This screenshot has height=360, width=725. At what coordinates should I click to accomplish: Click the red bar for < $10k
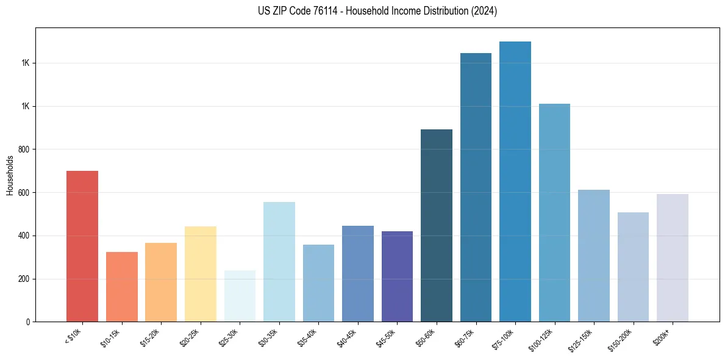pyautogui.click(x=82, y=246)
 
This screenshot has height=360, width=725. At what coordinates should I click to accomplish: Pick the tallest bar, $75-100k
pyautogui.click(x=515, y=181)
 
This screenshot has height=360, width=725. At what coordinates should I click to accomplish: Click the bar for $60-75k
pyautogui.click(x=476, y=187)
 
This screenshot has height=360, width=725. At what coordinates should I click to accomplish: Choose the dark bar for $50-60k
pyautogui.click(x=437, y=225)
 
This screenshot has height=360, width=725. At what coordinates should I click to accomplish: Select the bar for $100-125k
pyautogui.click(x=554, y=212)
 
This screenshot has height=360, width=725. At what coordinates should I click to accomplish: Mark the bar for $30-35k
pyautogui.click(x=279, y=262)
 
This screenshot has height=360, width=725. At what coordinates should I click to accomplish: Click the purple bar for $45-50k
pyautogui.click(x=397, y=276)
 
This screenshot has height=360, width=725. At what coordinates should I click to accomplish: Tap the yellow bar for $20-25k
pyautogui.click(x=200, y=274)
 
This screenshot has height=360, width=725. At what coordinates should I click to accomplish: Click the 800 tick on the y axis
pyautogui.click(x=24, y=149)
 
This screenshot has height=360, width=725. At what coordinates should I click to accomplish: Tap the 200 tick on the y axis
pyautogui.click(x=24, y=279)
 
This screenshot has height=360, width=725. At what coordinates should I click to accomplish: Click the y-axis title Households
pyautogui.click(x=10, y=175)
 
